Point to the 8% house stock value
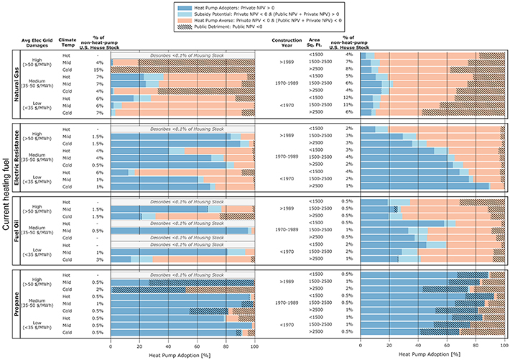click(x=349, y=70)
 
